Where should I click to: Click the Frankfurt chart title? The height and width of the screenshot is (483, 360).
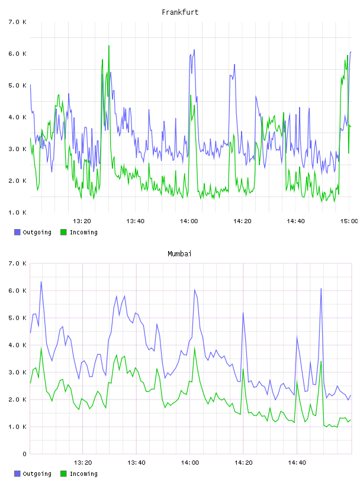tap(180, 12)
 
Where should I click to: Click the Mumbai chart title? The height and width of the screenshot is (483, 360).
tap(179, 254)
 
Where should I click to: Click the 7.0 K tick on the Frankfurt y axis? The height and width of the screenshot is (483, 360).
tap(17, 22)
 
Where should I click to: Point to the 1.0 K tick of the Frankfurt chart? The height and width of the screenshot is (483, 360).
tap(17, 212)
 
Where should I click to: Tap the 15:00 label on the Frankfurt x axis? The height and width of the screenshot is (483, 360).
tap(349, 221)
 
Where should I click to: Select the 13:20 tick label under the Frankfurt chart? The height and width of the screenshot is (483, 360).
tap(82, 221)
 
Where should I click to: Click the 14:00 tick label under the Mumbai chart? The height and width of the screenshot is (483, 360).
tap(190, 463)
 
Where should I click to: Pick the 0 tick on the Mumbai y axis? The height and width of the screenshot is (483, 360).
tap(24, 454)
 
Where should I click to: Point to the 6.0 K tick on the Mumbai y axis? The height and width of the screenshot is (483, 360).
tap(17, 291)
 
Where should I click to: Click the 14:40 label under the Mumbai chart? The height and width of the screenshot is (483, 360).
tap(297, 463)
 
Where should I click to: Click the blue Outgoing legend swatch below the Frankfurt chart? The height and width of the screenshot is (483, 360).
tap(17, 232)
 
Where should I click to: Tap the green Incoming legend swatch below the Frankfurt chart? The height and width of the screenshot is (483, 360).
tap(63, 232)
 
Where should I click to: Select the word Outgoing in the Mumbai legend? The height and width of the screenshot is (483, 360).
tap(37, 474)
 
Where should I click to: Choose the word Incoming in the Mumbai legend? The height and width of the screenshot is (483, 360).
tap(83, 474)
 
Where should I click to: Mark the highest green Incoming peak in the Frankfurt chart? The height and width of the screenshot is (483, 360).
tap(109, 46)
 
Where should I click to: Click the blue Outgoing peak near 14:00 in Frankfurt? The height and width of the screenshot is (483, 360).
tap(194, 50)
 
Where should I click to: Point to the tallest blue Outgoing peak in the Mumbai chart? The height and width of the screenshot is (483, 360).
tap(41, 282)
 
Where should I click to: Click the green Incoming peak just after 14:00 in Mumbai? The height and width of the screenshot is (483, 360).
tap(194, 347)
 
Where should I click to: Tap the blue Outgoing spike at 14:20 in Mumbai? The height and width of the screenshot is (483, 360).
tap(243, 313)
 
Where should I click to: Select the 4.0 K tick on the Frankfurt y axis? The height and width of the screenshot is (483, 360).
tap(17, 117)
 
